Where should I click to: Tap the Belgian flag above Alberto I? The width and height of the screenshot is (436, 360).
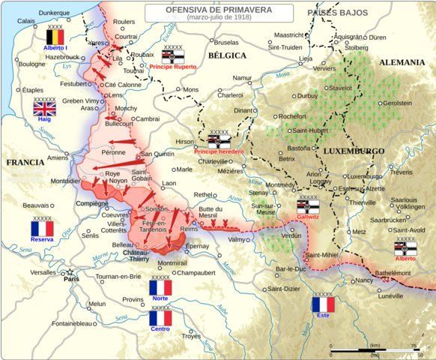55,37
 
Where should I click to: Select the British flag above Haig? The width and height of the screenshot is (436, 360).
44,109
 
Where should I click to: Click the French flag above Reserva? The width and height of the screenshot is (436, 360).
42,229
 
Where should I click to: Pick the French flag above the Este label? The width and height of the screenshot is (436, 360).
323,305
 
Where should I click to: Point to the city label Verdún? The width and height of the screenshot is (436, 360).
291,235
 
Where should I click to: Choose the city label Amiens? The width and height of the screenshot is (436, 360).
58,157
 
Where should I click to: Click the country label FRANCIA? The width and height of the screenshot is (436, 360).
24,162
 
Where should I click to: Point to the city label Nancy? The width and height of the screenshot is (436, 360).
365,280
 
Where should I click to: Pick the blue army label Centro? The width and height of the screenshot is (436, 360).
160,329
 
